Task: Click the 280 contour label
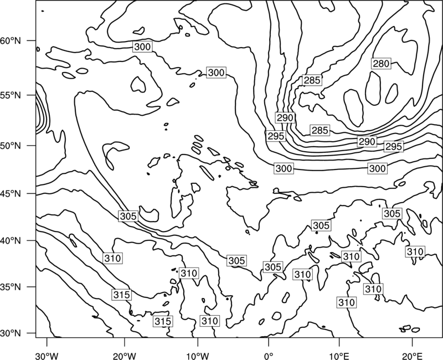381,64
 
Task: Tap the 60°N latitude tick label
11,40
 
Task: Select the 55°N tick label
11,95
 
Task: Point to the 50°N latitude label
11,146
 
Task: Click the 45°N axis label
11,194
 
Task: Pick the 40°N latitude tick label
11,241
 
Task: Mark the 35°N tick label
11,287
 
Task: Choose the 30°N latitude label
11,333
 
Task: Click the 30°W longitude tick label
47,356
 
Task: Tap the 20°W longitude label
124,356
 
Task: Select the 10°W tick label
198,356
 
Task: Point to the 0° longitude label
269,356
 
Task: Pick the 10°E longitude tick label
339,356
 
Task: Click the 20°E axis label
413,356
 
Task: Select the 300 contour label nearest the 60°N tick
142,47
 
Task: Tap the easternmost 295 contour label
394,146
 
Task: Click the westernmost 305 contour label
128,216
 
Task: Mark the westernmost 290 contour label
285,117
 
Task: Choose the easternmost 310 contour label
415,251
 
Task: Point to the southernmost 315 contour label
163,321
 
